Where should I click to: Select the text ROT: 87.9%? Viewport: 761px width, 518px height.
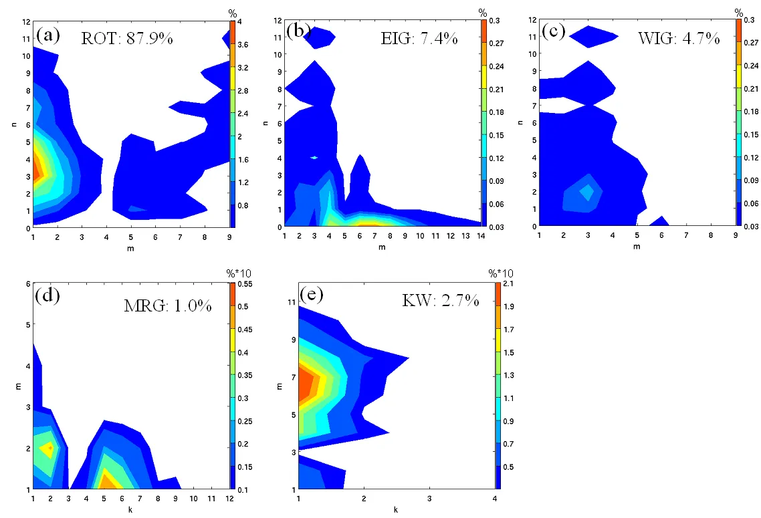click(127, 38)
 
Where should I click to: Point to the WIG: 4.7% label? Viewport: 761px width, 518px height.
click(679, 38)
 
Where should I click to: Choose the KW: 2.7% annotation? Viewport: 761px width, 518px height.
click(441, 300)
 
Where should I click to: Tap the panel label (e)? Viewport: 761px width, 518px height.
click(314, 295)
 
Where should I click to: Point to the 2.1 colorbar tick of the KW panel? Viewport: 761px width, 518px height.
click(510, 284)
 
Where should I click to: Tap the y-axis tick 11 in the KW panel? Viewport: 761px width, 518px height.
click(292, 301)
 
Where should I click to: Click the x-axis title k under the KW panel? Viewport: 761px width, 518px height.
click(397, 509)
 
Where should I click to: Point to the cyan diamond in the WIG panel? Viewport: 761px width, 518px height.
click(587, 192)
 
